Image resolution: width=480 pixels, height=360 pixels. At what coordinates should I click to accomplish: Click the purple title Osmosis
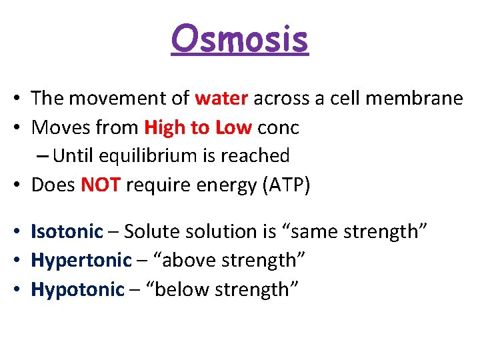tap(240, 39)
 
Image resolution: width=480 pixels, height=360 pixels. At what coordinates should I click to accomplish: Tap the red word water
tap(221, 99)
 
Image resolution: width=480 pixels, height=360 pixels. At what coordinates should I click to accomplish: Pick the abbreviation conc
tap(279, 128)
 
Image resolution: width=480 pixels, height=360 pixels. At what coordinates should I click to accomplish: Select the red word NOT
tap(101, 185)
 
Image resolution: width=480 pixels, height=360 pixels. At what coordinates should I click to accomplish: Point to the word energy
tap(217, 186)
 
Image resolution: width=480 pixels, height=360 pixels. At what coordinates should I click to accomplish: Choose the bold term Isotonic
tap(67, 231)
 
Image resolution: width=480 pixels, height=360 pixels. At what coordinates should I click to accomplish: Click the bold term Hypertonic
tap(81, 261)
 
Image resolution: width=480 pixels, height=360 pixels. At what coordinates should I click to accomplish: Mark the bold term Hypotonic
tap(78, 290)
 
